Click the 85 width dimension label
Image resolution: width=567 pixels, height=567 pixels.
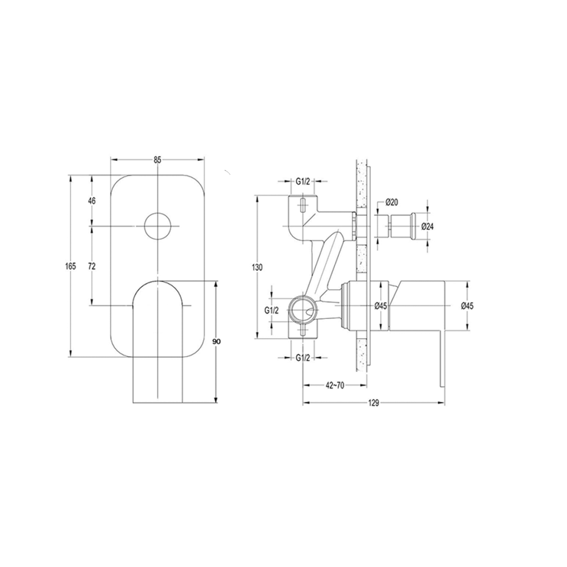(157, 160)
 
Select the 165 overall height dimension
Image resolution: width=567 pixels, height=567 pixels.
(70, 266)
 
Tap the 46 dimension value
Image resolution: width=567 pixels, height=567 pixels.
(92, 201)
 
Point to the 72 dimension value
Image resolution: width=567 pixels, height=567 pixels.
(92, 266)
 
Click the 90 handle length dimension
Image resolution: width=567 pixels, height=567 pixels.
(217, 342)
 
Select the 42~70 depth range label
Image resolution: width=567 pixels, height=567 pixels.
(334, 385)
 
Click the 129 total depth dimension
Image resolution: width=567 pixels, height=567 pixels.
(373, 404)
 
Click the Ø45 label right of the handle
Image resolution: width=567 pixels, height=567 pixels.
(467, 306)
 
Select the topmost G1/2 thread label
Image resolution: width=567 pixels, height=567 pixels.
(302, 182)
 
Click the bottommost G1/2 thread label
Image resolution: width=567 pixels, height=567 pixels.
(302, 358)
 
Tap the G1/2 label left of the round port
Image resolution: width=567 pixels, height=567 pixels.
(271, 311)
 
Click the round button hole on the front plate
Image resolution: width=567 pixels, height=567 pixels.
(158, 226)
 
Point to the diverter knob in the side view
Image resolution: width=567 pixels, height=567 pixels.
(401, 226)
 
